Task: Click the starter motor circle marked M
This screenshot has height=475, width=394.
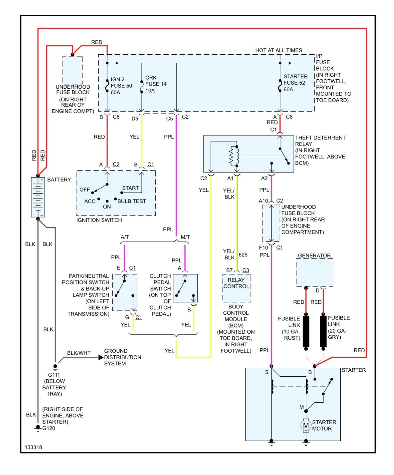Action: [306, 426]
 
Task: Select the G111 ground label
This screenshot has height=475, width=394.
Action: [54, 375]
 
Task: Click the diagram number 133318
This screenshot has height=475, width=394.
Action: [33, 447]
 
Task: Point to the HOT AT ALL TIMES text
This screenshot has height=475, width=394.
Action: [278, 50]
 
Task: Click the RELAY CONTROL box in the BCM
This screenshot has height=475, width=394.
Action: [236, 283]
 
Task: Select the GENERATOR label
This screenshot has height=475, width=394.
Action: [314, 255]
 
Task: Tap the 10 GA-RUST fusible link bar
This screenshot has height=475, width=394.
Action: [306, 331]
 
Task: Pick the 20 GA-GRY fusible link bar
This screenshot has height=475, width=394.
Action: [323, 331]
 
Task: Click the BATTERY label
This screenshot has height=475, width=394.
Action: [59, 180]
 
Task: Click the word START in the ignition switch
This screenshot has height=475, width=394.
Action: [130, 188]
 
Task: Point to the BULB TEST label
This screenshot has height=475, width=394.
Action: [132, 201]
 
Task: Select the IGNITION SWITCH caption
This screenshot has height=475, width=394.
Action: [99, 220]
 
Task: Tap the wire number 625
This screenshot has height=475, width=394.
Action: [243, 255]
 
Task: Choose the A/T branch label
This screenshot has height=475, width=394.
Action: [125, 237]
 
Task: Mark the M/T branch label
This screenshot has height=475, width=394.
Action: [185, 237]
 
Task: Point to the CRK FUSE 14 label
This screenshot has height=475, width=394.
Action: [156, 84]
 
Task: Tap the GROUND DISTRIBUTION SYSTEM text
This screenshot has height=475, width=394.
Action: [122, 357]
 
